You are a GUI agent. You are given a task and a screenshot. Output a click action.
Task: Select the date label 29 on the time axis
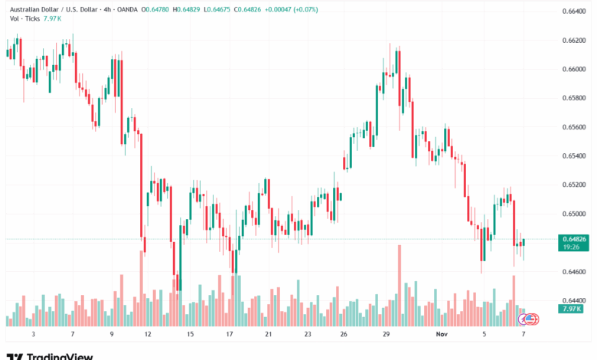click(387, 335)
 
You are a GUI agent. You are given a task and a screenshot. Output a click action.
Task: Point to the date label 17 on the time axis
click(229, 335)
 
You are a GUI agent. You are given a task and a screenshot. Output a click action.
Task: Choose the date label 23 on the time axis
click(307, 335)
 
